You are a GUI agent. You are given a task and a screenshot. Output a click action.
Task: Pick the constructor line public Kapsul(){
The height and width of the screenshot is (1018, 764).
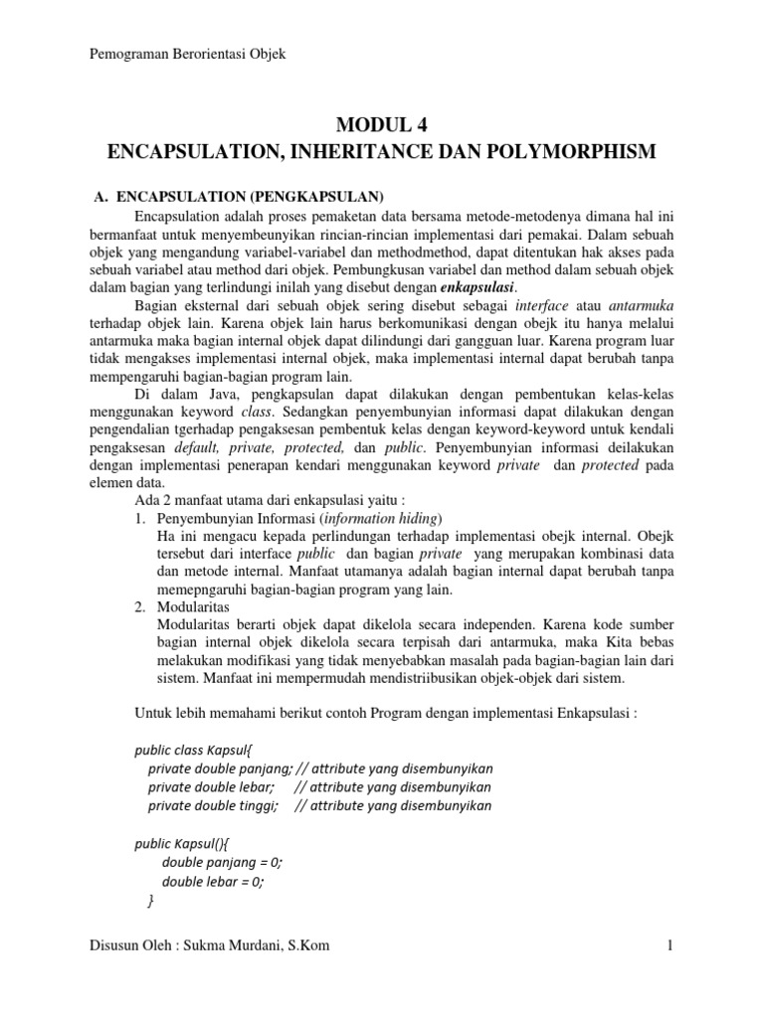click(182, 843)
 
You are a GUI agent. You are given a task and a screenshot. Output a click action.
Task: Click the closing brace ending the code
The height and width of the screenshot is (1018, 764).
click(151, 901)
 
